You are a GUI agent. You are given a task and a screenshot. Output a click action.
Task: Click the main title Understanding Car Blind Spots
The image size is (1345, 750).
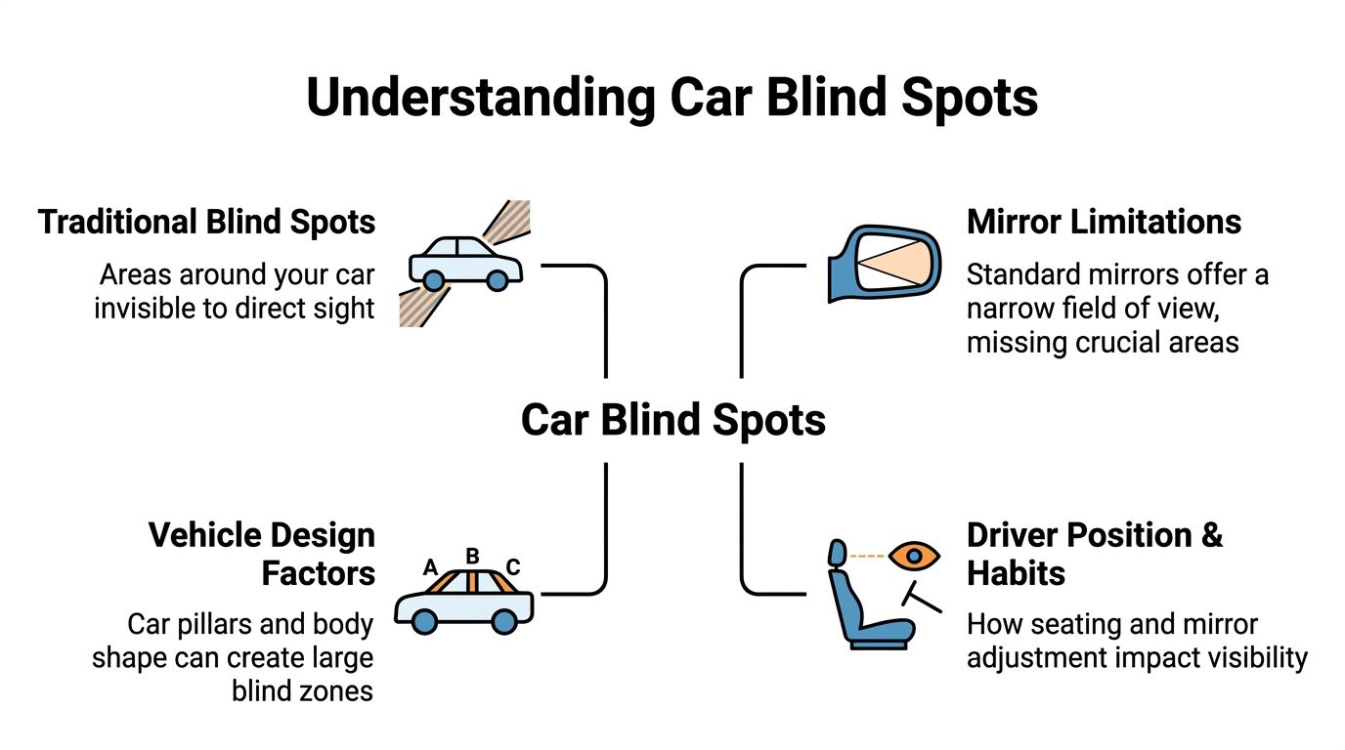[x=672, y=99]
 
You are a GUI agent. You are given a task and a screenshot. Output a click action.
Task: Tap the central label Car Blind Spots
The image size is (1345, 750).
[x=672, y=420]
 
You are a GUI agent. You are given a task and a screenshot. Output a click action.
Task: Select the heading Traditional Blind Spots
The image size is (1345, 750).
[x=206, y=222]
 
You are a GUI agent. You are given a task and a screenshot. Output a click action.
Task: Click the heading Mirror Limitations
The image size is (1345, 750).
[x=1104, y=222]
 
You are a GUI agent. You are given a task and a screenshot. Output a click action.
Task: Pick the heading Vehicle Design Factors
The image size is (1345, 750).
[x=261, y=554]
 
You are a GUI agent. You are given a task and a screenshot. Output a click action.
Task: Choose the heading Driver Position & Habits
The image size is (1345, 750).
[x=1094, y=554]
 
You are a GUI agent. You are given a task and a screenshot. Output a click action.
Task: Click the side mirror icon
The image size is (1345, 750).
[x=885, y=265]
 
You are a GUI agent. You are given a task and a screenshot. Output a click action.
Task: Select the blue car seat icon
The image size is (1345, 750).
[x=860, y=605]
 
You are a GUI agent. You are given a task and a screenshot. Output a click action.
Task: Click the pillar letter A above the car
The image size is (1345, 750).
[x=429, y=567]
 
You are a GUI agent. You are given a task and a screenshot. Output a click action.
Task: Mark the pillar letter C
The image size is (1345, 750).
[x=513, y=567]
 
